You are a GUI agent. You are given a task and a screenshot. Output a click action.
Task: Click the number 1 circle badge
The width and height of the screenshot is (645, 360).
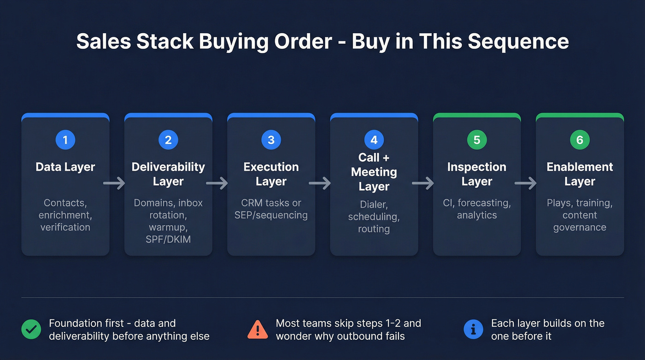point(65,140)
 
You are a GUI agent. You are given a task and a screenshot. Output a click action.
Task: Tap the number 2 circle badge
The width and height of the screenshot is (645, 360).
point(168,140)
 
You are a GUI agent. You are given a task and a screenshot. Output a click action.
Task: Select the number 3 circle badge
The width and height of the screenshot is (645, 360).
point(271,140)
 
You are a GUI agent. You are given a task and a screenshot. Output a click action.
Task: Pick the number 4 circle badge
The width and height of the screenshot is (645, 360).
point(374,140)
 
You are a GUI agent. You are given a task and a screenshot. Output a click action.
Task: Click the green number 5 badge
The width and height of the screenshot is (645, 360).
point(477,140)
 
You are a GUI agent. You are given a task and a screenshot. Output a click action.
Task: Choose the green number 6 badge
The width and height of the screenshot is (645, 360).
point(580,140)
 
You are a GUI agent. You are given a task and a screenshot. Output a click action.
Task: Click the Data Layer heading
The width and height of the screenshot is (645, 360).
point(65,167)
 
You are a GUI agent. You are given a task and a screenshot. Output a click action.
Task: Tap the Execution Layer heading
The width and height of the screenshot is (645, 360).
point(271,174)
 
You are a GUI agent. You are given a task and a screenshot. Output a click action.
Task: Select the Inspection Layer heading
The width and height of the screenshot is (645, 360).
point(477,174)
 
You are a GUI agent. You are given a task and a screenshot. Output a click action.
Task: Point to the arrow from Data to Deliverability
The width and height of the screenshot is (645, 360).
point(114,183)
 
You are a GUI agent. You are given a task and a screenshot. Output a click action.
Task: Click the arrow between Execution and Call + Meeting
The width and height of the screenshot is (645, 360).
point(320,183)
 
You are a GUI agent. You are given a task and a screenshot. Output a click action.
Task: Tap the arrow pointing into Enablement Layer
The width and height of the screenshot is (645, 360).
point(526,183)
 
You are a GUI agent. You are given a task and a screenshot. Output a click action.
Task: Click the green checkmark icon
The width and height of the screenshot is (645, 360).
point(31,330)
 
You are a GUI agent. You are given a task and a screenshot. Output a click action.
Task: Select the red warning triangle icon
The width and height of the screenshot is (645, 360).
point(258,330)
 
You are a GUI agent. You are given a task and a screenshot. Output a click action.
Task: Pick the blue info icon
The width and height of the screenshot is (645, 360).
point(473,330)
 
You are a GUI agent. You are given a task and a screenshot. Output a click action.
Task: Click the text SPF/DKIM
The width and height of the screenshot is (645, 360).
point(168,240)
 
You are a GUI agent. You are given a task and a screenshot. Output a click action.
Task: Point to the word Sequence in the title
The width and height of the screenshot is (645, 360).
point(518,41)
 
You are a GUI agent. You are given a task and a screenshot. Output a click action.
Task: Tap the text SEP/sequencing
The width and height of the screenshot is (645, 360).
point(271,215)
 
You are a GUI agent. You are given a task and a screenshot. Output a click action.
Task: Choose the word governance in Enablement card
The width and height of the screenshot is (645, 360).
point(580,227)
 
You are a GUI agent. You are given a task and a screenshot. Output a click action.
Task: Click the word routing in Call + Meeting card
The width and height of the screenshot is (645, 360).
point(374,229)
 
